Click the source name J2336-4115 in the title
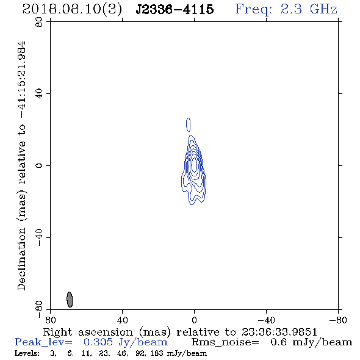[x=175, y=9]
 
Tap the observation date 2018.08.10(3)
[x=72, y=10]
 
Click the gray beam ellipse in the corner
[x=70, y=300]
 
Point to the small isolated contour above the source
[x=189, y=125]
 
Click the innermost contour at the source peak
[x=194, y=164]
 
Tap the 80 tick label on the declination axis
[x=39, y=22]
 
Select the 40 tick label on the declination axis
[x=39, y=94]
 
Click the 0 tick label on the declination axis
[x=39, y=165]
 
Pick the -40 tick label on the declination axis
[x=39, y=237]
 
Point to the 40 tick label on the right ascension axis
[x=122, y=320]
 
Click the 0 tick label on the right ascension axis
[x=194, y=320]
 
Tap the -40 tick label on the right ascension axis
[x=266, y=320]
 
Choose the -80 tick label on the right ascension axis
[x=338, y=320]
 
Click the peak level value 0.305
[x=98, y=342]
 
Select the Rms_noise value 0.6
[x=278, y=342]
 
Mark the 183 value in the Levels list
[x=157, y=353]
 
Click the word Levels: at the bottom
[x=27, y=353]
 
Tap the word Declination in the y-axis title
[x=21, y=259]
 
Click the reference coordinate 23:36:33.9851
[x=279, y=332]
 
